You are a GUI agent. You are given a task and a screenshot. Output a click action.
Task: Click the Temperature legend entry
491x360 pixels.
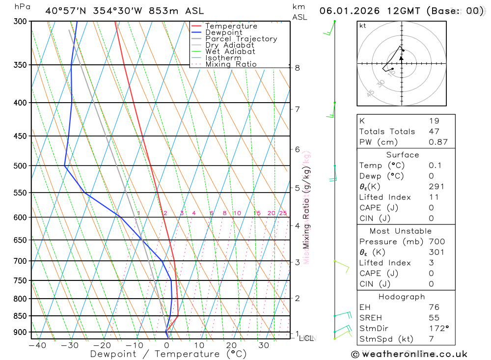click(x=231, y=26)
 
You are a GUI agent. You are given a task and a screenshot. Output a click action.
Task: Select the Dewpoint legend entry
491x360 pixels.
click(x=224, y=32)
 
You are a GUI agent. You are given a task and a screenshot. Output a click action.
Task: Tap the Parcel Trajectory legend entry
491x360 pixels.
click(x=241, y=39)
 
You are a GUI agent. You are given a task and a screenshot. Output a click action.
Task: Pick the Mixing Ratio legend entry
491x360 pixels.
click(x=231, y=64)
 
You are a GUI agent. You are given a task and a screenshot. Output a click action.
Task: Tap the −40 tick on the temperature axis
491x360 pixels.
click(x=37, y=345)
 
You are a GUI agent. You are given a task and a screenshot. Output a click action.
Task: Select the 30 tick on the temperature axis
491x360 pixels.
click(x=264, y=345)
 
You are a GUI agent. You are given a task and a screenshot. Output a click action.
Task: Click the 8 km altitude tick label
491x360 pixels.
click(x=297, y=68)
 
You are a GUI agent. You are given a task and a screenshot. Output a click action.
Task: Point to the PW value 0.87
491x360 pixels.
click(x=438, y=142)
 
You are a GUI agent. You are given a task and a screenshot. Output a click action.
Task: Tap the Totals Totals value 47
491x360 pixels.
click(x=434, y=131)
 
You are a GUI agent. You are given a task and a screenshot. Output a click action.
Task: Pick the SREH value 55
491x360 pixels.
click(x=434, y=318)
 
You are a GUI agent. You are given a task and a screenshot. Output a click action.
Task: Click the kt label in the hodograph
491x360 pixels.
click(x=363, y=26)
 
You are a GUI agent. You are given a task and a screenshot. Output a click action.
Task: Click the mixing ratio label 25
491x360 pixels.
click(x=283, y=213)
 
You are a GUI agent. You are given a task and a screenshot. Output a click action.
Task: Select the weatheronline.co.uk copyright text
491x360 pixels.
click(x=409, y=354)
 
